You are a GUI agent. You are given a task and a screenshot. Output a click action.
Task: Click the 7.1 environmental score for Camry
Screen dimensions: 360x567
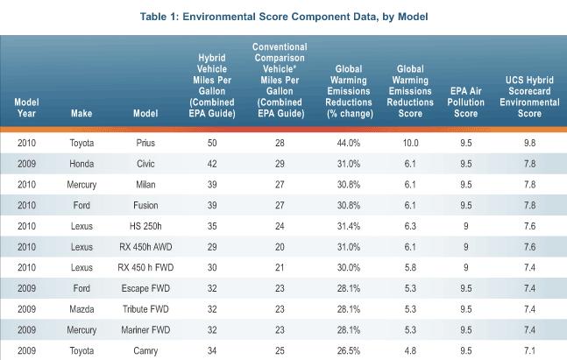pyautogui.click(x=529, y=353)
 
